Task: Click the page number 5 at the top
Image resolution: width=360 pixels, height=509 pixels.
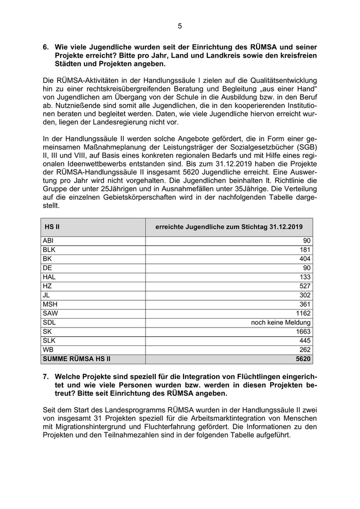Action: point(180,26)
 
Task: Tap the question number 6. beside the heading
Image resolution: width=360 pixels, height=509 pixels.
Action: point(46,47)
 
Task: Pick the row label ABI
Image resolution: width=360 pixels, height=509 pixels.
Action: point(48,241)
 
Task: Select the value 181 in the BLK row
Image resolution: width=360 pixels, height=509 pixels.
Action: point(304,250)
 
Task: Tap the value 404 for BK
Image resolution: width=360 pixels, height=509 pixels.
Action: point(304,259)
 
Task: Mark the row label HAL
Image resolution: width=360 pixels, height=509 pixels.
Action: point(49,277)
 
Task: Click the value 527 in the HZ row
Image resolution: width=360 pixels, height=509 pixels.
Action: point(304,286)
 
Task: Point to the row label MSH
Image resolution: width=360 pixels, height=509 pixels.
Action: point(50,304)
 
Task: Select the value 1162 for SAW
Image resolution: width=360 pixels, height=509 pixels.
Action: point(302,313)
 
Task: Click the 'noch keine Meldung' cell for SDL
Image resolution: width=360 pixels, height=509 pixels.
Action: point(280,322)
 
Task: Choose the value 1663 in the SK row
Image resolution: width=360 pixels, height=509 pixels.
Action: point(302,332)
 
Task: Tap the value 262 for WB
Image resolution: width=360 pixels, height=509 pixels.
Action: point(304,350)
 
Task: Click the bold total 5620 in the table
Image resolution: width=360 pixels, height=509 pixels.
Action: point(302,359)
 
